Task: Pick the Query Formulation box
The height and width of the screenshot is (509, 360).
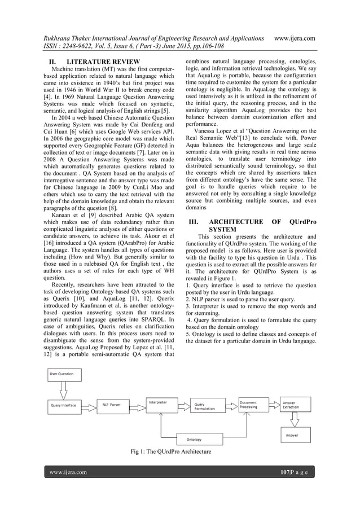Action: (208, 406)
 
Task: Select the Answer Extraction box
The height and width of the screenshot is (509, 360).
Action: (296, 405)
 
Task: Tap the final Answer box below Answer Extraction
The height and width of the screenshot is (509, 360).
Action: (296, 435)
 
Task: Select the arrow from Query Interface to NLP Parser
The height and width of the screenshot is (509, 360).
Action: (90, 405)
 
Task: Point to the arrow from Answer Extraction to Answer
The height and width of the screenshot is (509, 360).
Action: (296, 420)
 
